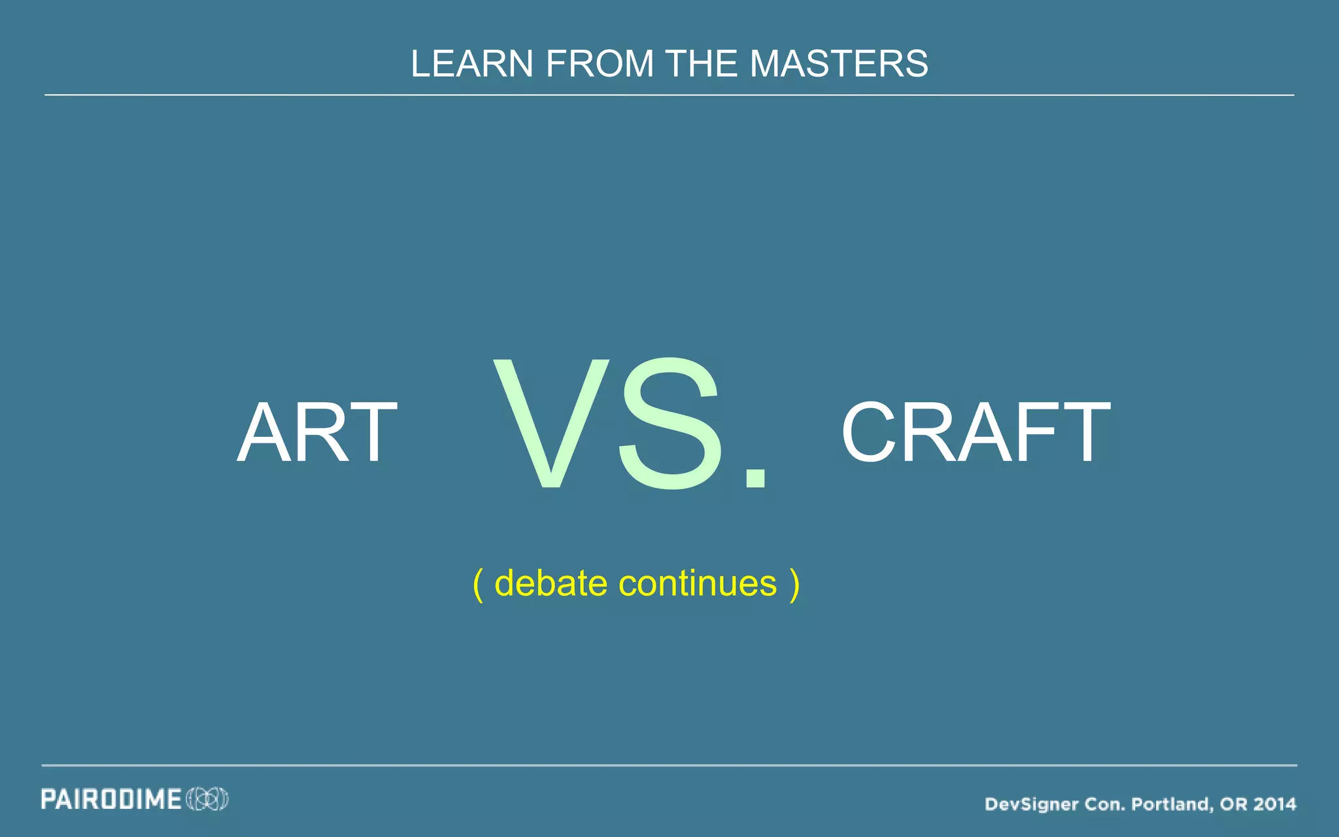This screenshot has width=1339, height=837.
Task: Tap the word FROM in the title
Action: click(x=600, y=64)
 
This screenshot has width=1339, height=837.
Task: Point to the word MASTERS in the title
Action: click(x=839, y=64)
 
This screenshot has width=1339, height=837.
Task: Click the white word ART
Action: click(x=317, y=433)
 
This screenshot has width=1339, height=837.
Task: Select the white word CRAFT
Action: click(x=975, y=433)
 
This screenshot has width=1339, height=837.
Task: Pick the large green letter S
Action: click(x=670, y=423)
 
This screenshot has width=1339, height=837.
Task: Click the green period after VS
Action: click(x=756, y=477)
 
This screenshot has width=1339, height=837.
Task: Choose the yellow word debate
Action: click(x=551, y=583)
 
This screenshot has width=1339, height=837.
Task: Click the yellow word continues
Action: click(x=698, y=583)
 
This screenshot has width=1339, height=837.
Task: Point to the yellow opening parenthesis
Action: click(x=478, y=584)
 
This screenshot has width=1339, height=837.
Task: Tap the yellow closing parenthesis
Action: click(x=794, y=584)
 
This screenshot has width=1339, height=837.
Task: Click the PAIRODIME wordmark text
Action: click(x=111, y=800)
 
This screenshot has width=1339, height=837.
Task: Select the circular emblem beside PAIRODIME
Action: click(x=207, y=799)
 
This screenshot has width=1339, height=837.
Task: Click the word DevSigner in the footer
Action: click(x=1031, y=804)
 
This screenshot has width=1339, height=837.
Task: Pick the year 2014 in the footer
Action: click(x=1274, y=804)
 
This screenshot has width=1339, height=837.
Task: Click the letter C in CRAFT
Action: click(x=868, y=433)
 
